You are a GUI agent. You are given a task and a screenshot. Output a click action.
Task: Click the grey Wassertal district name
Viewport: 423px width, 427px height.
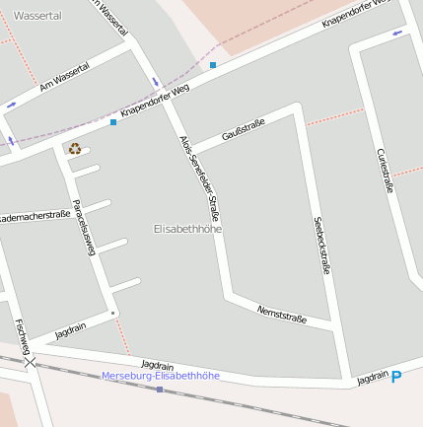click(x=37, y=16)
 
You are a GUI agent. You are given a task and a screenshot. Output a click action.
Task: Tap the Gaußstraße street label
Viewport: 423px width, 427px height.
click(x=244, y=128)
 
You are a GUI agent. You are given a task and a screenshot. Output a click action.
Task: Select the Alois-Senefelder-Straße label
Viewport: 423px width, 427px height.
click(x=200, y=178)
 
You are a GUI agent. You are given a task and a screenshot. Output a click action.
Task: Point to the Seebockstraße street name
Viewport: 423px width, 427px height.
click(x=321, y=245)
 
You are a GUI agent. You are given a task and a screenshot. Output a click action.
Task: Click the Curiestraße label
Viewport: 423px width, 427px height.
click(x=385, y=171)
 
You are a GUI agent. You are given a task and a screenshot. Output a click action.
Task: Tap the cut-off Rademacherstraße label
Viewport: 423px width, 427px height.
click(x=35, y=216)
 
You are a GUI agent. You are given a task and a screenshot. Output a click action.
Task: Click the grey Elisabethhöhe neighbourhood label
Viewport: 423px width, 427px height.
click(x=188, y=229)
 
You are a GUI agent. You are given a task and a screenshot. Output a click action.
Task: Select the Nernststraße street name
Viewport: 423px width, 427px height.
click(x=282, y=315)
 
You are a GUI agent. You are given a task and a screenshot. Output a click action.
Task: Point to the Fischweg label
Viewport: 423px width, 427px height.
click(x=23, y=335)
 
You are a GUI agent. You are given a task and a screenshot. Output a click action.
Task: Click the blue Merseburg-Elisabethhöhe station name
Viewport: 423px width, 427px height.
click(x=161, y=376)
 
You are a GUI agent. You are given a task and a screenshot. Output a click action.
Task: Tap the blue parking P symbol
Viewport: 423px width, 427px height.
click(x=396, y=377)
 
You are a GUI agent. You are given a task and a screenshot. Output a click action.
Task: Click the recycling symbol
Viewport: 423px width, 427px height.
click(x=74, y=149)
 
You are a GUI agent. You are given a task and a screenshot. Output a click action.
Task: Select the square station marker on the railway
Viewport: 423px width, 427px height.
click(x=160, y=390)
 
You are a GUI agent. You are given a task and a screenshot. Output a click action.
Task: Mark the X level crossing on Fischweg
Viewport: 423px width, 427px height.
click(x=31, y=363)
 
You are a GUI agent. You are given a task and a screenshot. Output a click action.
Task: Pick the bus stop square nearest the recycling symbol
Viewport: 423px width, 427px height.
click(x=113, y=123)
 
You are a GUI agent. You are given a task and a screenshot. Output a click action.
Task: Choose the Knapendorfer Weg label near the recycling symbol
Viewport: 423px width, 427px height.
click(x=154, y=103)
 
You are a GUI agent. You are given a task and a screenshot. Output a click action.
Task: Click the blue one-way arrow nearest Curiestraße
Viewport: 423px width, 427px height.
click(x=397, y=33)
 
